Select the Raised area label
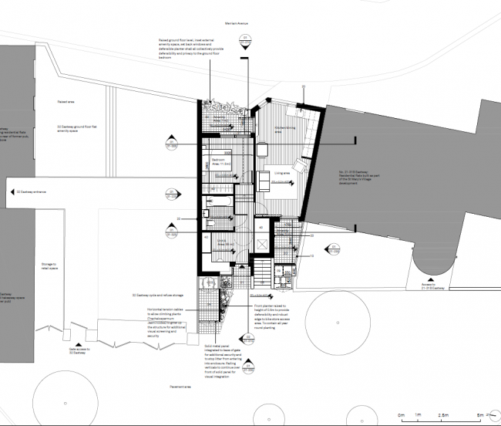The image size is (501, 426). coord(67,100)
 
